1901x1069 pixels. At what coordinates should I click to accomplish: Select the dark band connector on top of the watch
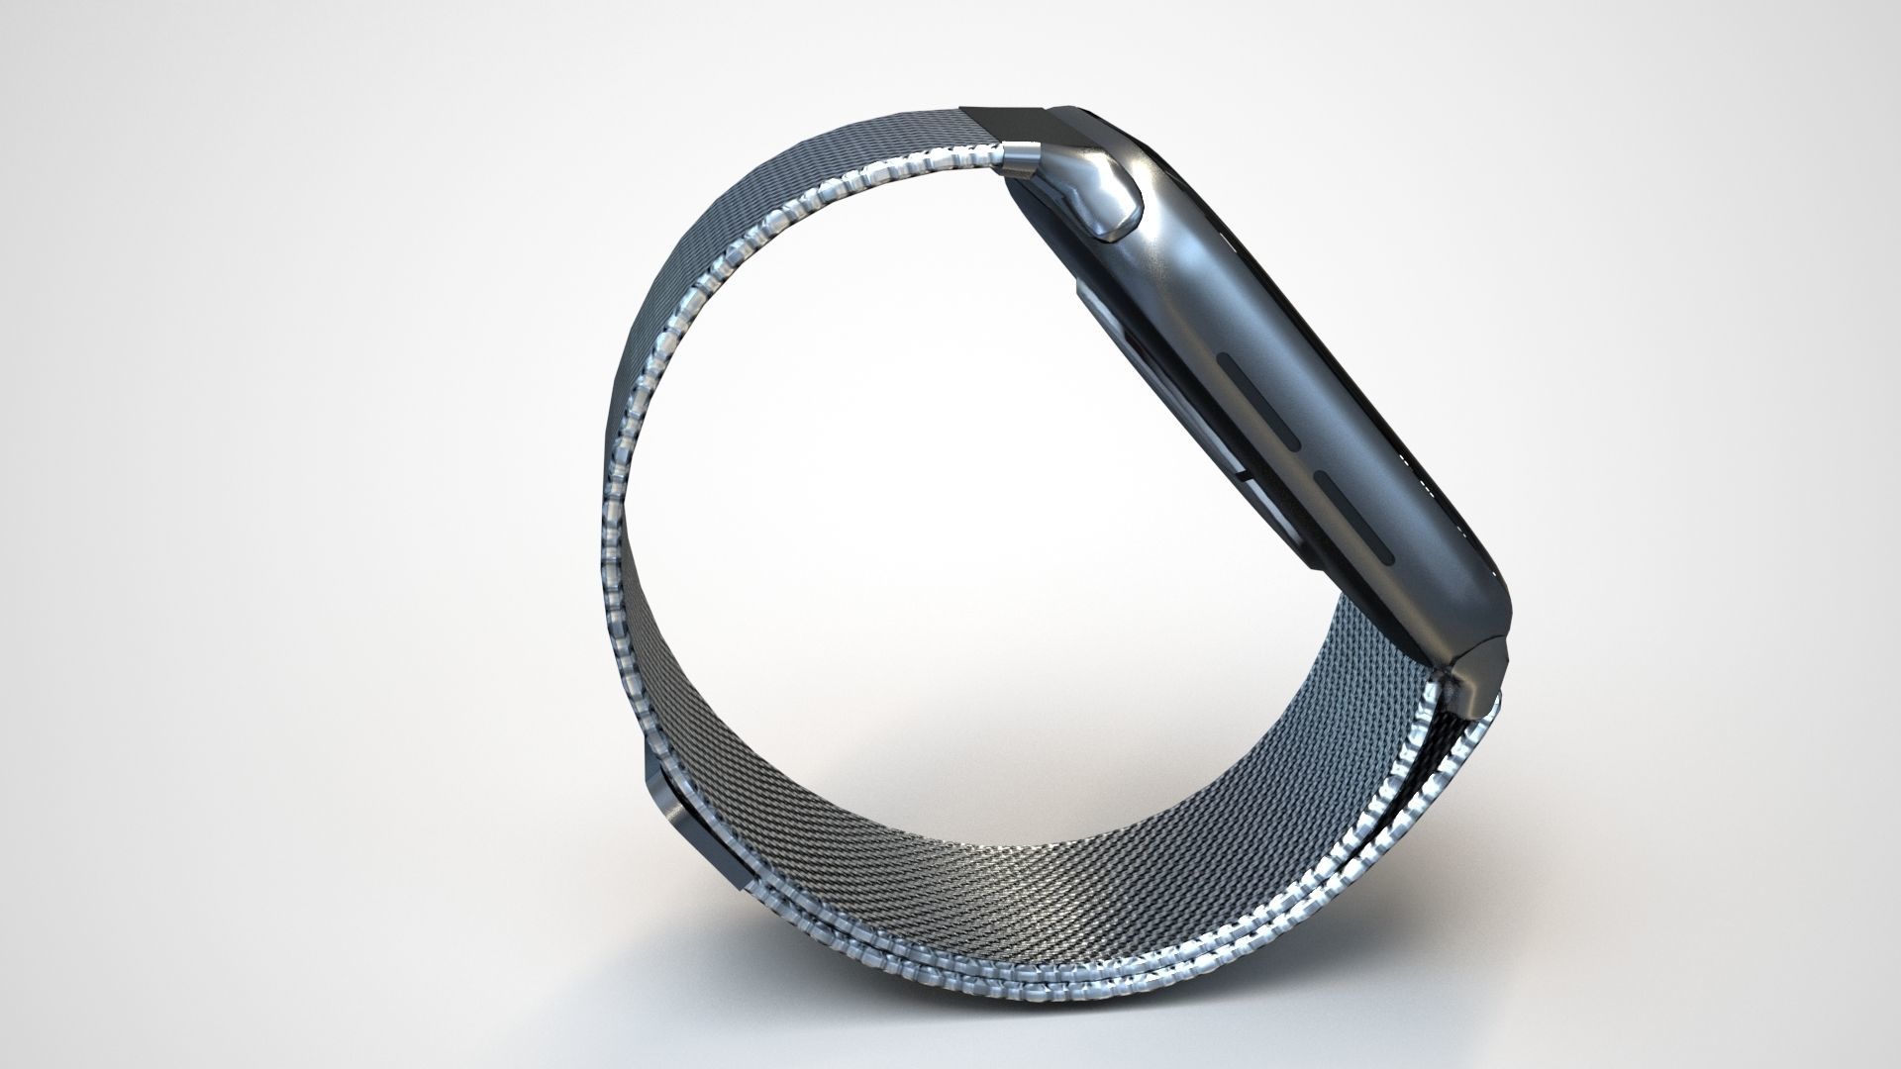tap(1005, 124)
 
